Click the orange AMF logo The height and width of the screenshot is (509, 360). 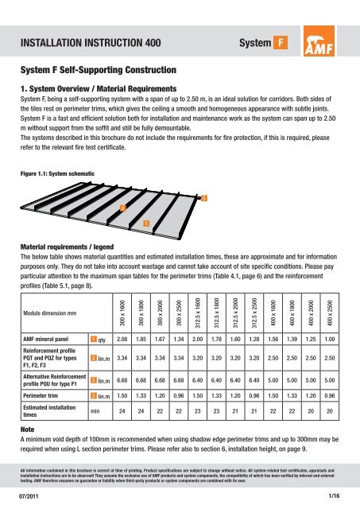(x=319, y=41)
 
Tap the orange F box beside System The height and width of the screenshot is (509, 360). (x=281, y=42)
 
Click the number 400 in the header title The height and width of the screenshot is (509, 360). (x=153, y=43)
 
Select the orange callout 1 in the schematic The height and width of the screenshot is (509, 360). (x=146, y=223)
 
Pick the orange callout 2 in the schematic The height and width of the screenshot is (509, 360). (x=123, y=208)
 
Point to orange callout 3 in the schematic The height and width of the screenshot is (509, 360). (x=204, y=198)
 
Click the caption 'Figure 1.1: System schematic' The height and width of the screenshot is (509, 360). (x=57, y=173)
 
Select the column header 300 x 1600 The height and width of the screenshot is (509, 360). (x=122, y=313)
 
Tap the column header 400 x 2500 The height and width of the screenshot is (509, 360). (x=330, y=313)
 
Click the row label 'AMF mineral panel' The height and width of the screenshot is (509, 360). (x=46, y=340)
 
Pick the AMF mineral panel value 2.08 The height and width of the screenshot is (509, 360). (x=122, y=340)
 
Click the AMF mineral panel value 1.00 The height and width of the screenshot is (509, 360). (x=330, y=340)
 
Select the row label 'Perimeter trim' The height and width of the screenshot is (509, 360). (x=41, y=396)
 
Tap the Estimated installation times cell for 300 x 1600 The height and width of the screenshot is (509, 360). (x=122, y=411)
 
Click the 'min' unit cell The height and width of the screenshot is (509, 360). (x=95, y=411)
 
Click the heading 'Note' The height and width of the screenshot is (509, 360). (x=27, y=429)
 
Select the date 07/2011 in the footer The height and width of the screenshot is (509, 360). (x=29, y=496)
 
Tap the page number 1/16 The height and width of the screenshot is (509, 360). (x=334, y=495)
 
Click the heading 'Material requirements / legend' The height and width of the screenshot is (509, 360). (x=67, y=247)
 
